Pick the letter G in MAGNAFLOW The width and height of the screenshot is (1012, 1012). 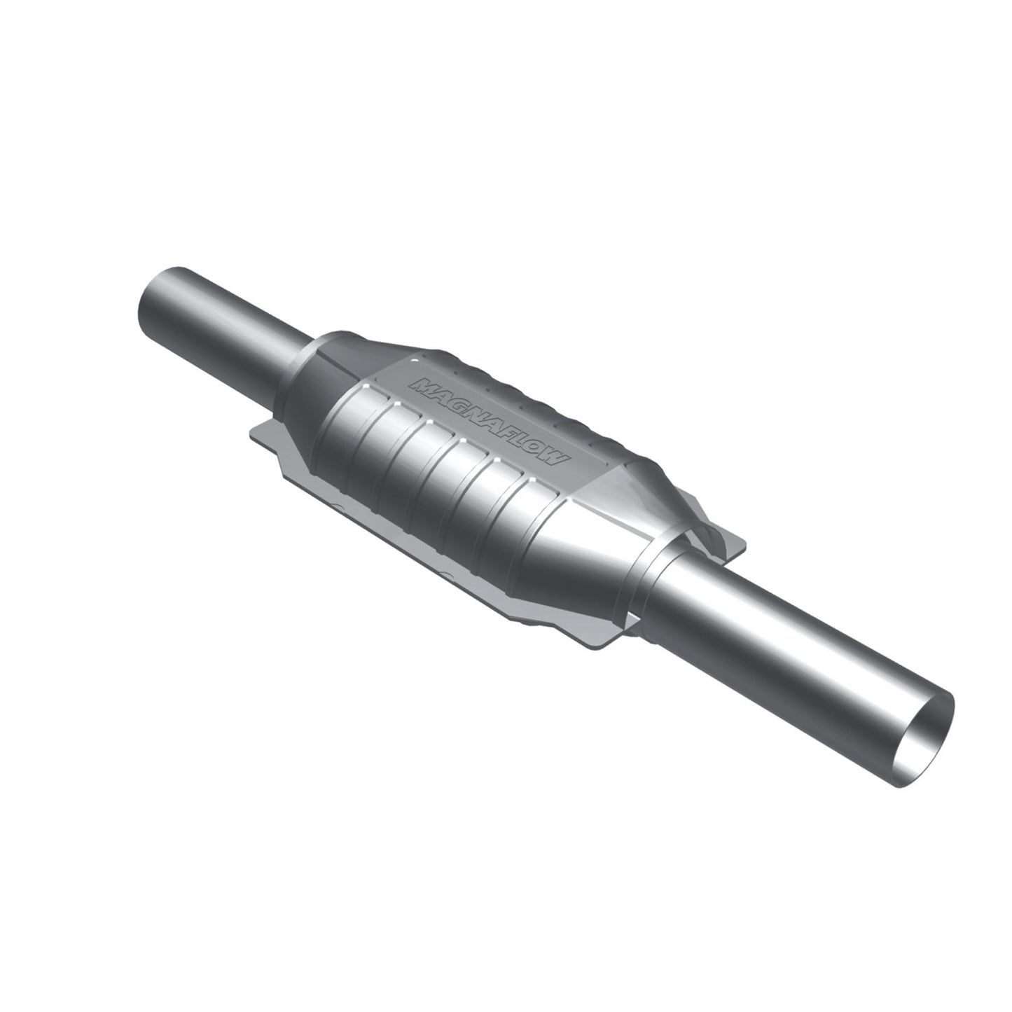pyautogui.click(x=456, y=402)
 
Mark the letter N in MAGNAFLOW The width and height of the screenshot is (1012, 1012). pyautogui.click(x=473, y=411)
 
